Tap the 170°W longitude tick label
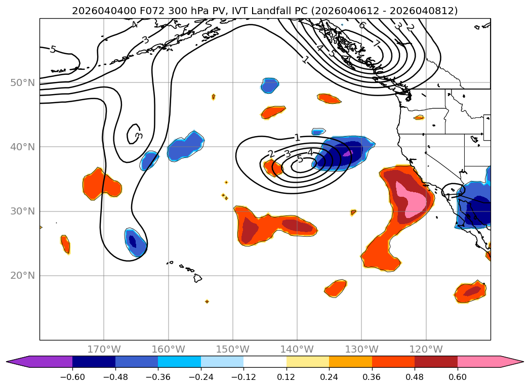[104, 349]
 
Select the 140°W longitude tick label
[297, 349]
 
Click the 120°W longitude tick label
[426, 349]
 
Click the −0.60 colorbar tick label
[72, 378]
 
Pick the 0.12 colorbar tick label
[287, 378]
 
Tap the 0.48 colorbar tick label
[415, 378]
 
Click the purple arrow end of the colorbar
[15, 362]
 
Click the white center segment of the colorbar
[265, 362]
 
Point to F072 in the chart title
[130, 11]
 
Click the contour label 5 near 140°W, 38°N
[300, 159]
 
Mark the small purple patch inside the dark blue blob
[348, 153]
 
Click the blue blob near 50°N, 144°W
[270, 85]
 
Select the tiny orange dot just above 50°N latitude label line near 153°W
[214, 97]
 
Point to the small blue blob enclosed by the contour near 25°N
[134, 241]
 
